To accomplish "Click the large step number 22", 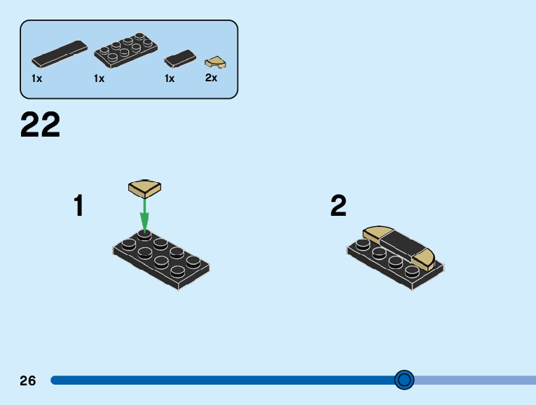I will (x=41, y=126).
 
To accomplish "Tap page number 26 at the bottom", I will (x=28, y=380).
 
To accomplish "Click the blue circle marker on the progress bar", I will (x=404, y=380).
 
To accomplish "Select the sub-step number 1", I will (x=79, y=206).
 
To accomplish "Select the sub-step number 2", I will (x=338, y=206).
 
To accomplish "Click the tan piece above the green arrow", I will (x=145, y=187).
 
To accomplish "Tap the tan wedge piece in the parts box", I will (x=214, y=62).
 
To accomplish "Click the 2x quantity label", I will (x=211, y=78).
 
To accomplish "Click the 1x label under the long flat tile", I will (x=36, y=78).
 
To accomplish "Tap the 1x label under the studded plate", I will (x=99, y=78).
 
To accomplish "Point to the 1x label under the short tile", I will (x=170, y=78).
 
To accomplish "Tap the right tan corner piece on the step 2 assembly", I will (x=425, y=260).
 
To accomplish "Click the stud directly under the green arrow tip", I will (x=144, y=235).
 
